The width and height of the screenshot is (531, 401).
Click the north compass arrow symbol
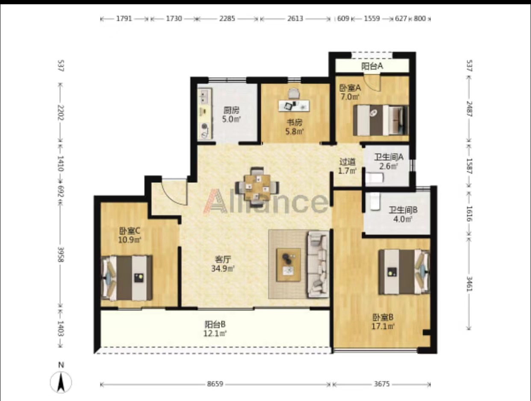coord(61,382)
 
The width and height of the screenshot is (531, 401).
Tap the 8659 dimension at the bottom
coord(215,384)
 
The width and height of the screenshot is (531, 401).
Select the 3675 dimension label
coord(382,384)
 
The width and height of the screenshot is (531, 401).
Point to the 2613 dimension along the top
coord(295,19)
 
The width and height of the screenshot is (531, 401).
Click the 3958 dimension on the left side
coord(61,255)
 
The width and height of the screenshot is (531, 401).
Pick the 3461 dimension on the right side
coord(469,284)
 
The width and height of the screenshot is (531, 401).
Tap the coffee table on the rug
coord(288,264)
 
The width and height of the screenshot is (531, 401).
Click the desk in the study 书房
coord(294,106)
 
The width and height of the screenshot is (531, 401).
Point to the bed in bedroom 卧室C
coord(127,278)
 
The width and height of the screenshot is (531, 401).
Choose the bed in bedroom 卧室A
coord(381,120)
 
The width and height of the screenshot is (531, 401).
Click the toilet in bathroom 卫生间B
coord(375,201)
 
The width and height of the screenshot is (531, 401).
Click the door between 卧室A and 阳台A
coord(373,83)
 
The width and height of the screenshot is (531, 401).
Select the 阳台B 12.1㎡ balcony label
coord(215,328)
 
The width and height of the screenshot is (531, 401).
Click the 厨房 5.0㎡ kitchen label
coord(232,114)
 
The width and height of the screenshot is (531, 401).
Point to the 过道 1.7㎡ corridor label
coord(348,166)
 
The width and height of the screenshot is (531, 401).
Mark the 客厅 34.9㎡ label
coord(223,264)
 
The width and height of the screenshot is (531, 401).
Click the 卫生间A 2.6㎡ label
coord(389,161)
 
